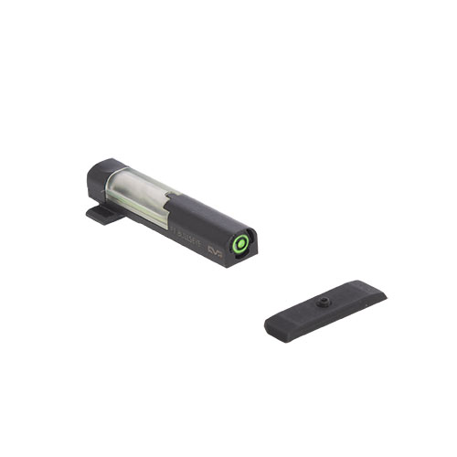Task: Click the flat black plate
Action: (x=324, y=306)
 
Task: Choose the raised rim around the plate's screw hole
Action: (x=323, y=297)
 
